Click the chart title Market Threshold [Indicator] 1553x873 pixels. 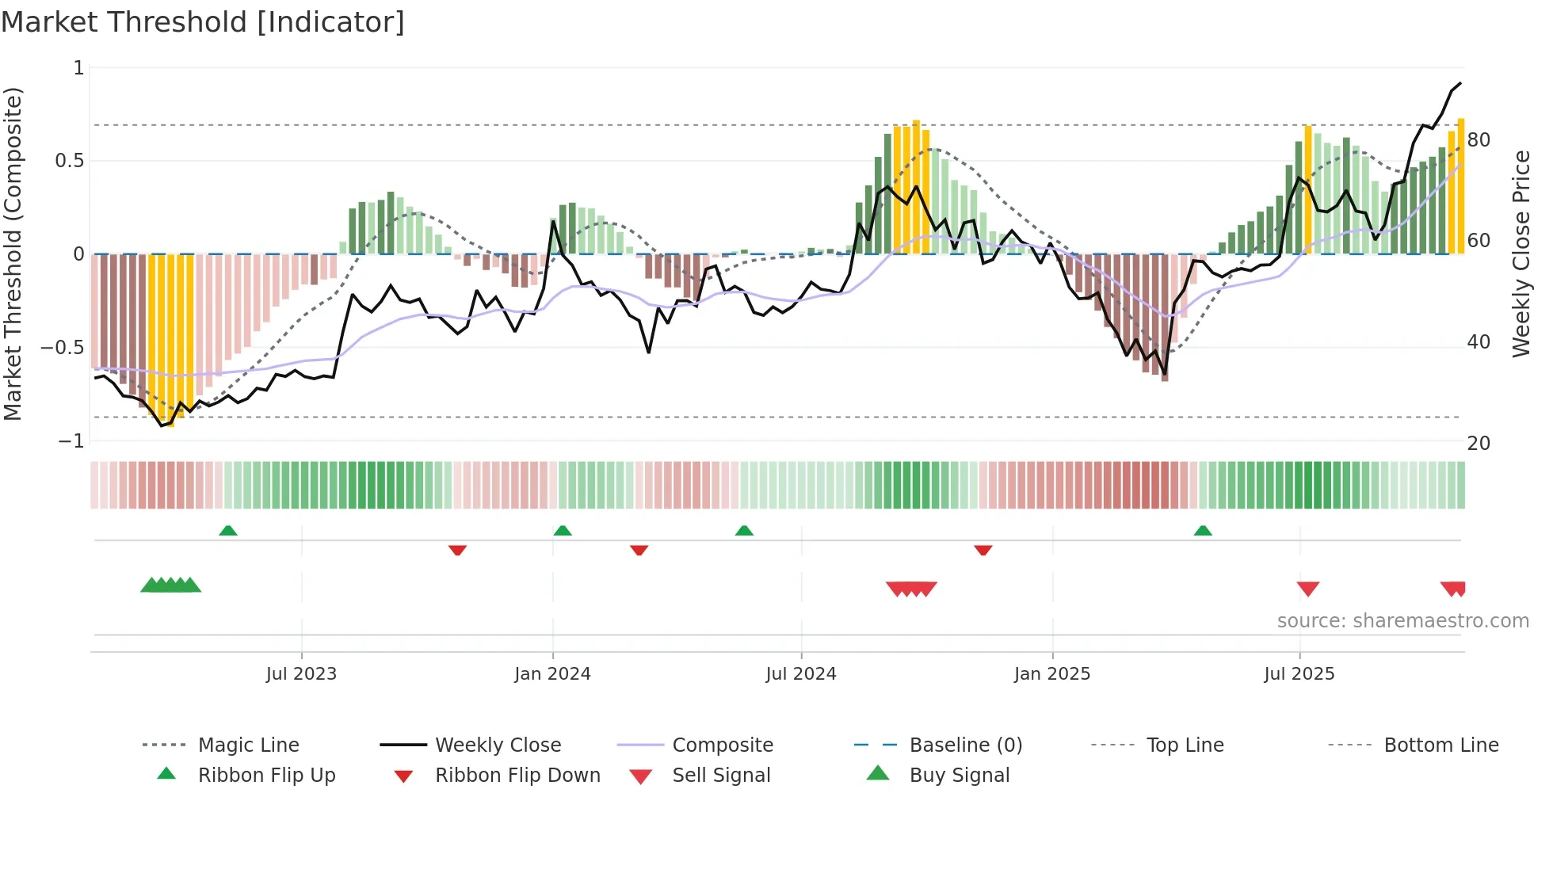click(203, 21)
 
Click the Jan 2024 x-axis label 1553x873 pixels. click(552, 673)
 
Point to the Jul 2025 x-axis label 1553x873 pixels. click(1299, 673)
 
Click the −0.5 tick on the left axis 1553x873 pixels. click(63, 347)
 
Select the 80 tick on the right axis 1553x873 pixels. click(1479, 139)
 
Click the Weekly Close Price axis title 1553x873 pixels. click(1521, 254)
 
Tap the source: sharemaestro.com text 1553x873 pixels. click(1402, 620)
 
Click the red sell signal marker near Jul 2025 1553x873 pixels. click(1308, 589)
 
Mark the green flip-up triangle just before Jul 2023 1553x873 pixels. click(228, 530)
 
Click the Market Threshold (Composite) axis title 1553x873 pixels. click(13, 254)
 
